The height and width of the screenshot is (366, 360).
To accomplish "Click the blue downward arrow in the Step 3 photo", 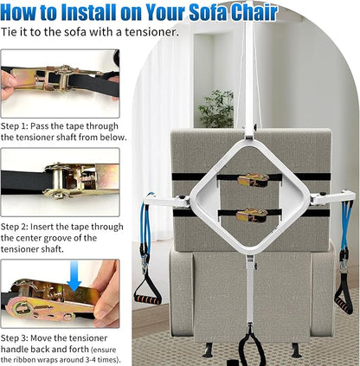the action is [74, 276].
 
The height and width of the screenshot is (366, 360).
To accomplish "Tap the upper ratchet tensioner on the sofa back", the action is [254, 180].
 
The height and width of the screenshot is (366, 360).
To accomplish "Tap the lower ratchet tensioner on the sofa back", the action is [252, 215].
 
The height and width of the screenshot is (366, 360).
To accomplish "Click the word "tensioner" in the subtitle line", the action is [150, 32].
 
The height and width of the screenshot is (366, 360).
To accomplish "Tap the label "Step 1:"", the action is [15, 126].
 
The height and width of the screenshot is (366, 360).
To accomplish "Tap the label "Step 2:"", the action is [15, 227].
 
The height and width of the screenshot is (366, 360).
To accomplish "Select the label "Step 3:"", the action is [15, 338].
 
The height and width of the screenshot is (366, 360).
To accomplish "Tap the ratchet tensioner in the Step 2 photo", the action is [80, 181].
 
